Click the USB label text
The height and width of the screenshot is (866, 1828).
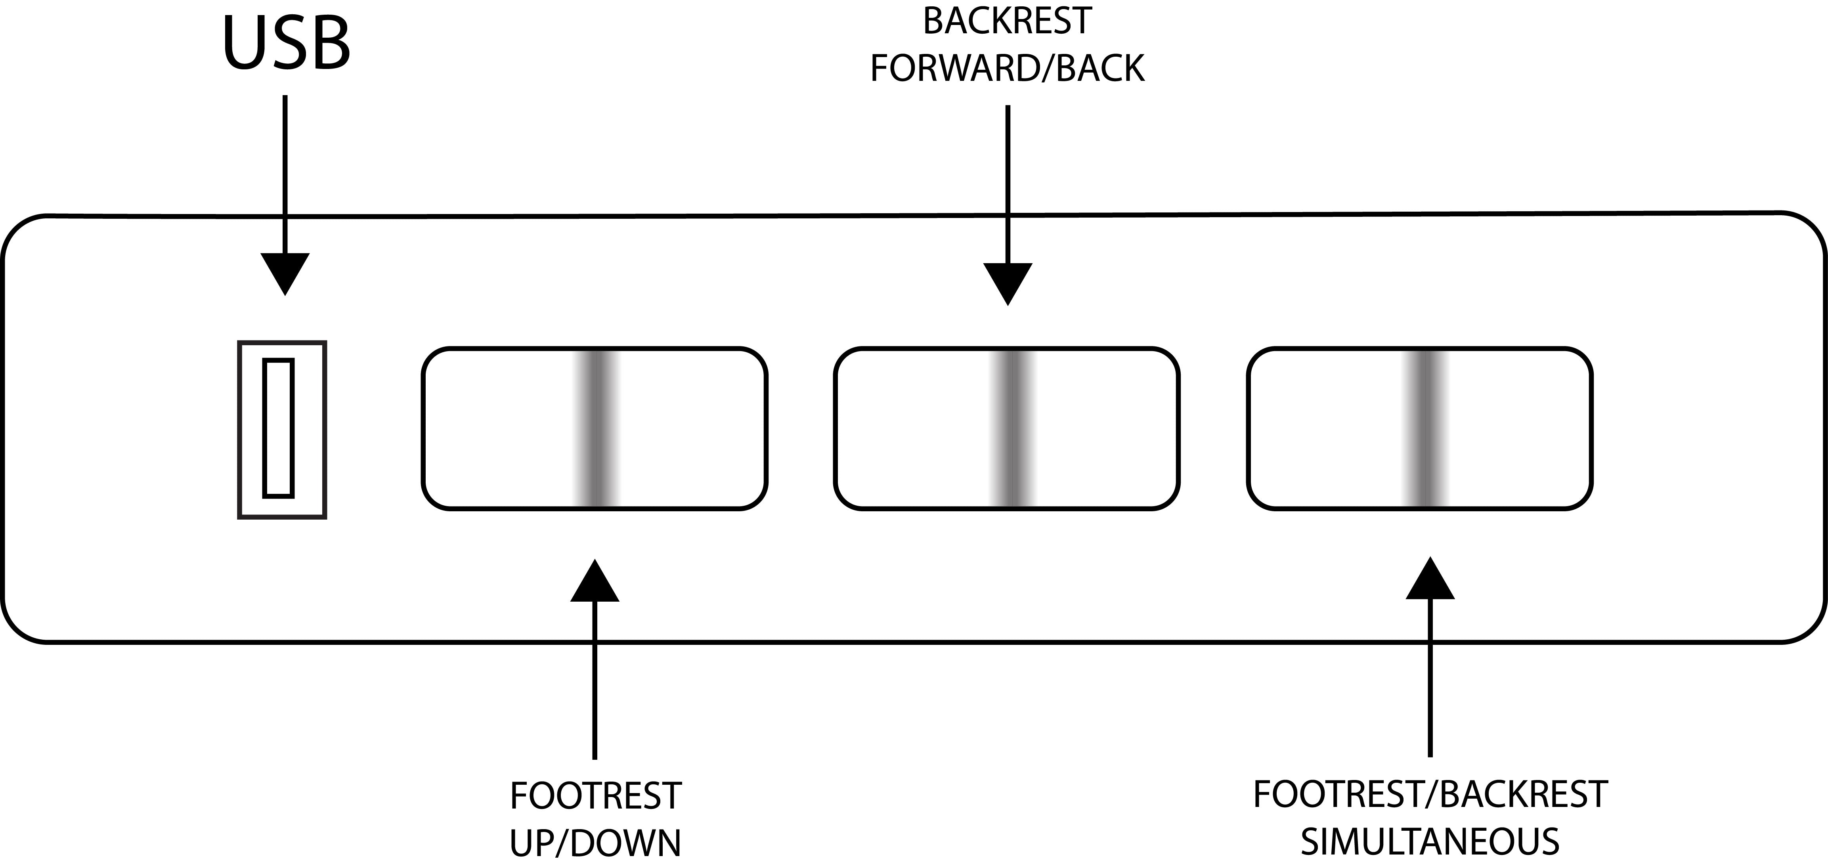point(287,44)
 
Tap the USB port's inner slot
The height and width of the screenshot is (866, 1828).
point(278,428)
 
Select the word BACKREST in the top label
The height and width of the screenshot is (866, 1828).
point(1007,21)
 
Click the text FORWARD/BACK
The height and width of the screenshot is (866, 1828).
point(1007,69)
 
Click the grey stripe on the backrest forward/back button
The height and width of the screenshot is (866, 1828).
point(1014,428)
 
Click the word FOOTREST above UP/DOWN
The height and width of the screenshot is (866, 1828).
point(595,796)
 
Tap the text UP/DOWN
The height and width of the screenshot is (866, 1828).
point(595,843)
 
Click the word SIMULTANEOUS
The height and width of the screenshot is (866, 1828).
point(1430,841)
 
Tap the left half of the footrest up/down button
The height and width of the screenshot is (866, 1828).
point(500,428)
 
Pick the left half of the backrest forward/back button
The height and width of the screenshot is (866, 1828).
point(916,428)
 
